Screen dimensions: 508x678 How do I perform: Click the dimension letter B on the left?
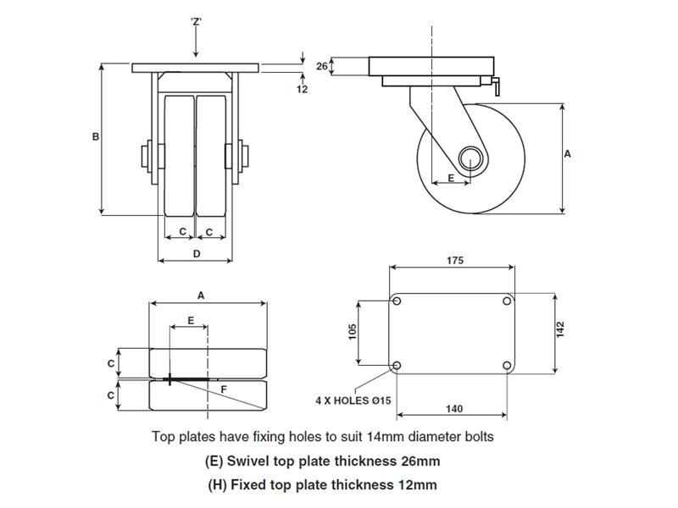pos(96,136)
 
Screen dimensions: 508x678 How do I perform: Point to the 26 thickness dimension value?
pos(321,66)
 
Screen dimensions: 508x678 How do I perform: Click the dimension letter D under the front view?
pos(197,253)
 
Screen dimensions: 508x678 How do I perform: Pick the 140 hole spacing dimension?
pos(453,409)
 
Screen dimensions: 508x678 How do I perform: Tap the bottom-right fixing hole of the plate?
pos(506,365)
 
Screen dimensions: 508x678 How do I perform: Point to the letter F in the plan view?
pos(224,389)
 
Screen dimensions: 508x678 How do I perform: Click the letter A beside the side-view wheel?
pos(567,154)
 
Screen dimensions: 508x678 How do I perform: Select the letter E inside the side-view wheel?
pos(450,178)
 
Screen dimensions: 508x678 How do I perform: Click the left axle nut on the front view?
pos(144,157)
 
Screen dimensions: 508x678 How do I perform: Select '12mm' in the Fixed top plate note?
pos(418,485)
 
